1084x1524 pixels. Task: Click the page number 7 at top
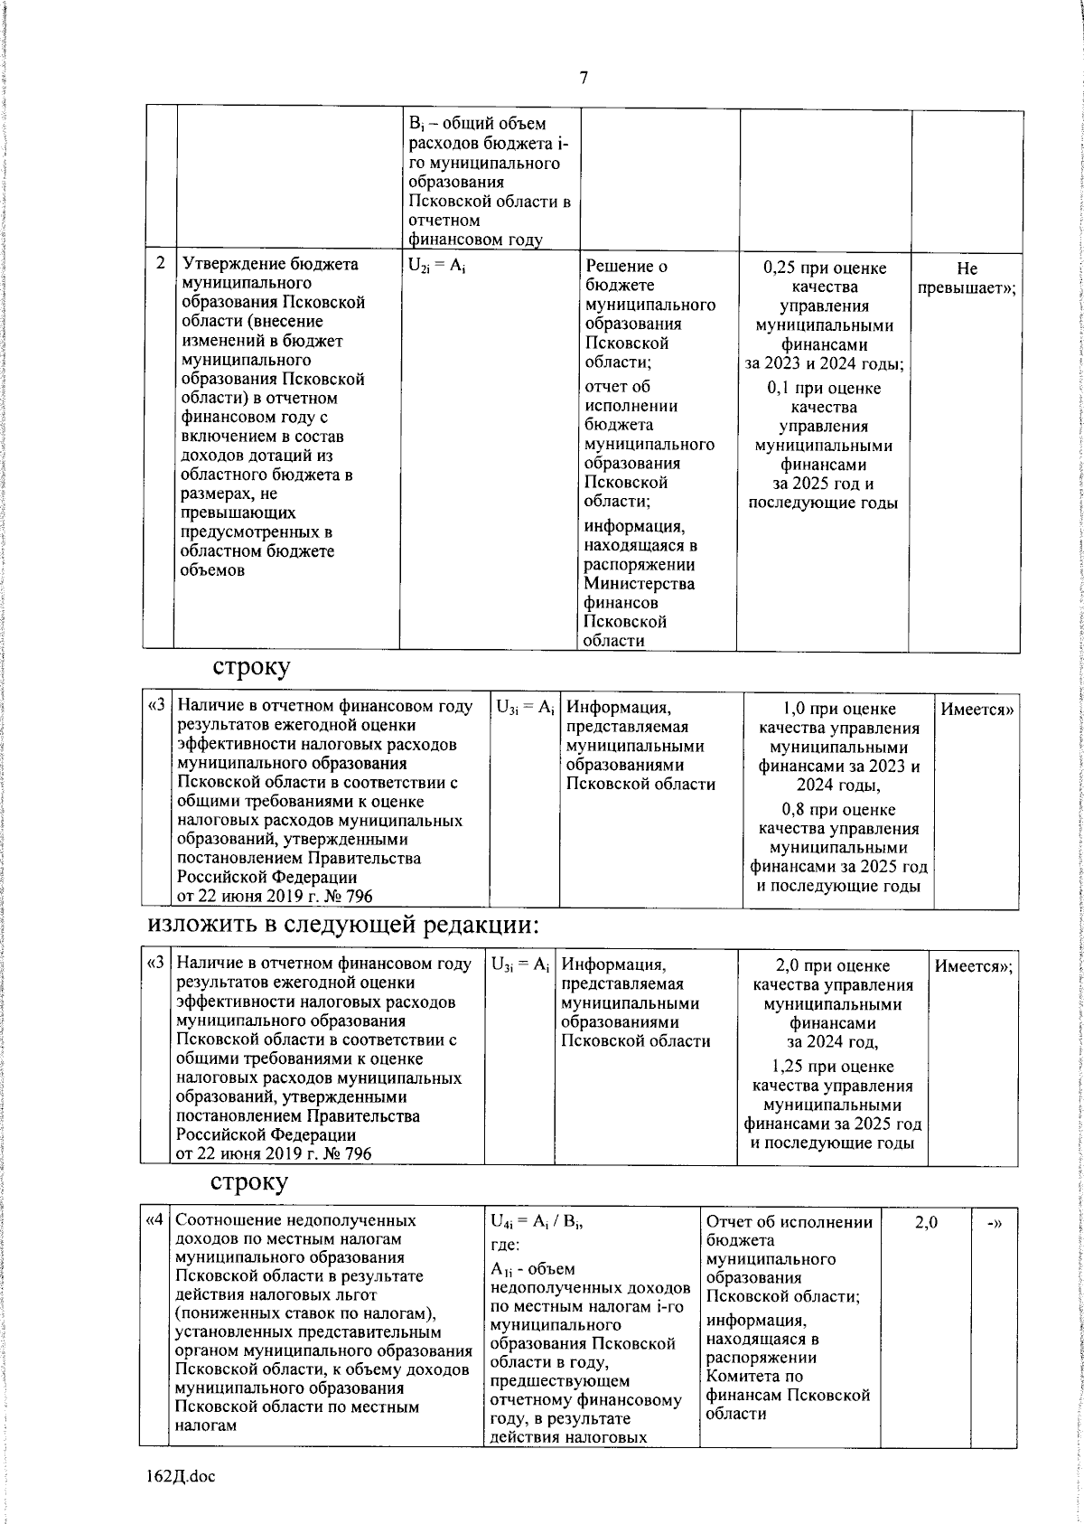584,78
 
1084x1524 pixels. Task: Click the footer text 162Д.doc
181,1476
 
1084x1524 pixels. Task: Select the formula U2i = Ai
436,266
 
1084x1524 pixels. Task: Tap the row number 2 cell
160,264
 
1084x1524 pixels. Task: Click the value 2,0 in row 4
925,1222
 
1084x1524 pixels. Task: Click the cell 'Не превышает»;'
965,278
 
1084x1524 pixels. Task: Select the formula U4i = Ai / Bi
536,1222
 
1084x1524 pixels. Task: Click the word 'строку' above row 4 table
249,1181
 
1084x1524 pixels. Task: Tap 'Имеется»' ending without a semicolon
977,710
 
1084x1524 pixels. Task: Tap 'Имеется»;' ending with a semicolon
973,966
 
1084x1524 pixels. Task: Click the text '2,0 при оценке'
833,966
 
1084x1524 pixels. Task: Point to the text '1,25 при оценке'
833,1067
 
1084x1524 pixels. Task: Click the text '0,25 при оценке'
825,268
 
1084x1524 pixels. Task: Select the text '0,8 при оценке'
838,810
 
